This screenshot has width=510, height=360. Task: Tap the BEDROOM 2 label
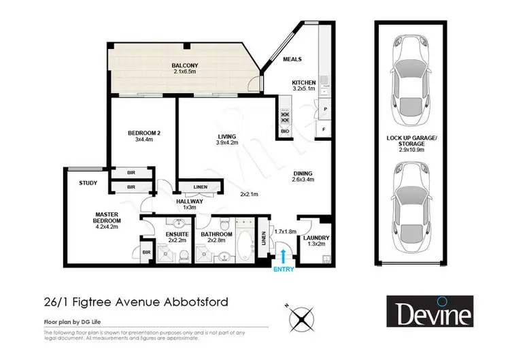click(x=143, y=133)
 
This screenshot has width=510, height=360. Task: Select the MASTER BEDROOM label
click(x=107, y=217)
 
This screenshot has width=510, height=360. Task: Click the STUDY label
click(x=88, y=182)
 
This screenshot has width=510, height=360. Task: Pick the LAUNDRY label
click(x=311, y=238)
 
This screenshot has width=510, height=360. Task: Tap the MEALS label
click(x=294, y=59)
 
